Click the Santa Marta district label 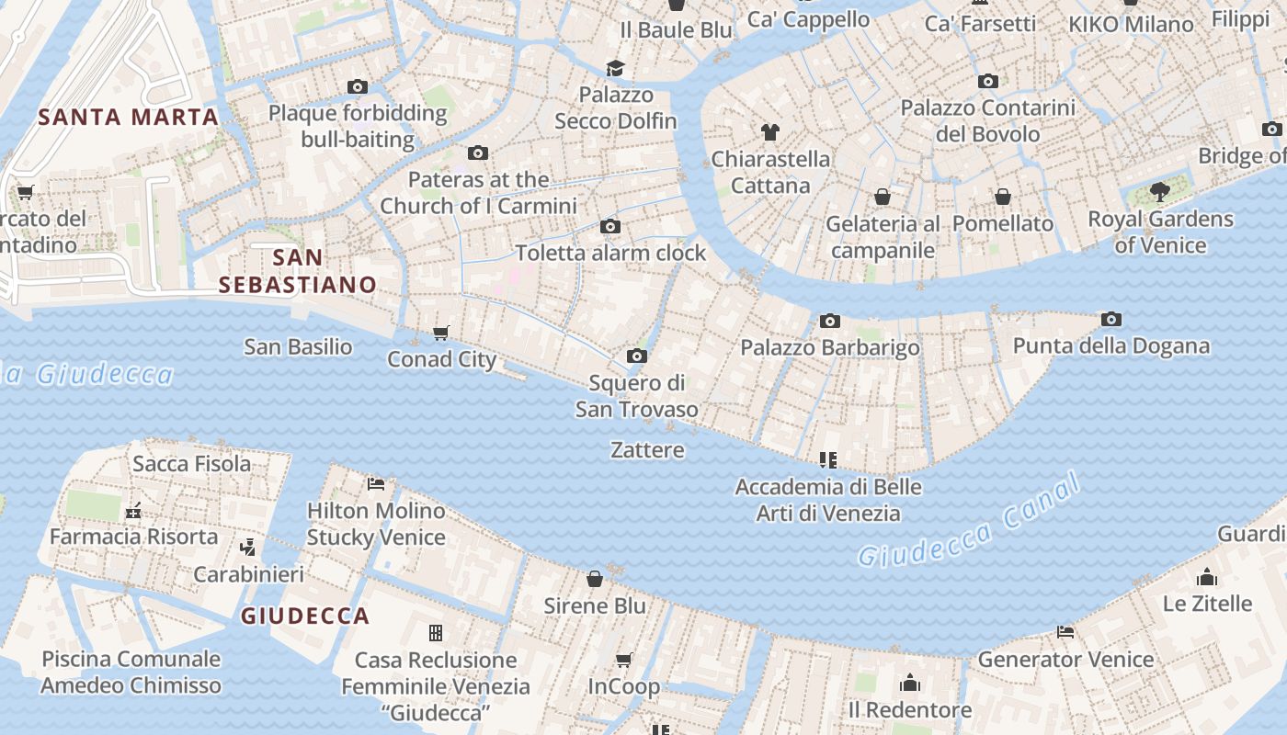point(128,117)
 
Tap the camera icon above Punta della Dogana point(1110,320)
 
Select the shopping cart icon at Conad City point(441,333)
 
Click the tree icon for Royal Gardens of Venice point(1160,192)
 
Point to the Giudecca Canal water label point(969,524)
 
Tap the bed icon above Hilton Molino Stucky point(375,483)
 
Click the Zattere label point(647,449)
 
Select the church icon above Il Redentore point(910,683)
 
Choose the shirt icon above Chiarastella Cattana point(770,132)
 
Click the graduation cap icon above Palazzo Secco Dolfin point(615,68)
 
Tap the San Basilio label point(298,346)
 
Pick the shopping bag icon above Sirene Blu point(595,579)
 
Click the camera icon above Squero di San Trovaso point(636,356)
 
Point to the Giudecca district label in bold point(305,616)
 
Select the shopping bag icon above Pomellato point(1002,197)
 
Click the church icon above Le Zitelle point(1206,577)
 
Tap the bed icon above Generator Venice point(1065,632)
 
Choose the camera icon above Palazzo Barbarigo point(829,321)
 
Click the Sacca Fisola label point(191,463)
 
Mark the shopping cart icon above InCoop point(624,660)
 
